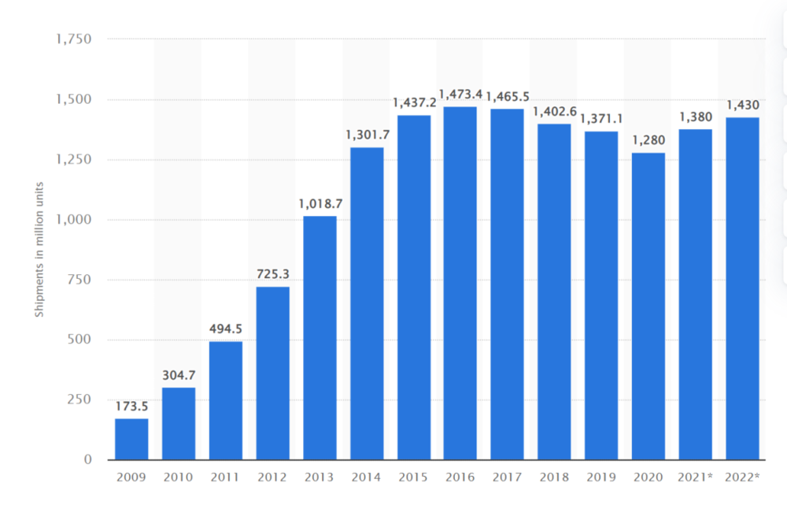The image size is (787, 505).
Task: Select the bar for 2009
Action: [x=131, y=439]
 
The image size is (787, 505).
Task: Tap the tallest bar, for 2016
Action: [x=460, y=283]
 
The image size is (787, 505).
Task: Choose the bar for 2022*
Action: [x=742, y=288]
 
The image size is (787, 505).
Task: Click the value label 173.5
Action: [x=131, y=407]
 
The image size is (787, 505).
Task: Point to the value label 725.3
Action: [x=273, y=275]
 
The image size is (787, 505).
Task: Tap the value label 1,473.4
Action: [x=460, y=95]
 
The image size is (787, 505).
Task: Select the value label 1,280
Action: [x=648, y=141]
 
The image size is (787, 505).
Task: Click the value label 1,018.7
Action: [x=320, y=204]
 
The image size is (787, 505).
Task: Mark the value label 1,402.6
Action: [x=555, y=112]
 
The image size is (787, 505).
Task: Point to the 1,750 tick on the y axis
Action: [x=74, y=39]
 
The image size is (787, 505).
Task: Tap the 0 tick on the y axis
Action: [x=87, y=459]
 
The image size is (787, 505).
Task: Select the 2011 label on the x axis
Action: [x=225, y=478]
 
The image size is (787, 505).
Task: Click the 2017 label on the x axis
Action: [x=508, y=478]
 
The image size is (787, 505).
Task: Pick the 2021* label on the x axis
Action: [x=696, y=478]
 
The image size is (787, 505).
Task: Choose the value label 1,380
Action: [x=696, y=117]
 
